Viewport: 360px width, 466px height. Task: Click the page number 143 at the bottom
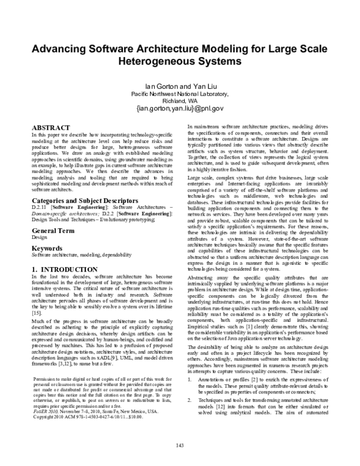pos(179,444)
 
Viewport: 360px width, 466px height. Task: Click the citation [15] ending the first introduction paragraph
pos(35,313)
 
